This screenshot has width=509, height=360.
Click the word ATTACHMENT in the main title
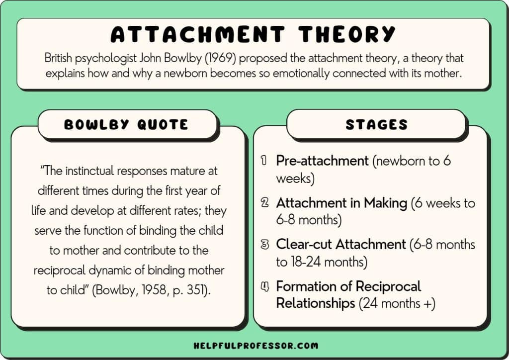[x=198, y=34]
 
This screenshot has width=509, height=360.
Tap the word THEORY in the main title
[x=346, y=34]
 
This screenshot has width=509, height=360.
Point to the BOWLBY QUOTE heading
[x=126, y=125]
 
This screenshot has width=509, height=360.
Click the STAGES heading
[x=377, y=125]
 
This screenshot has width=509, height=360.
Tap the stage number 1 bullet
[x=264, y=161]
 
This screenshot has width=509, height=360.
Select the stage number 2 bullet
[x=264, y=202]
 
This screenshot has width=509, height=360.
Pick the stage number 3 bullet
[x=265, y=244]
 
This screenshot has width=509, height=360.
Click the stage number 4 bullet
[x=265, y=286]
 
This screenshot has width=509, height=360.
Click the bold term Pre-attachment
[x=322, y=161]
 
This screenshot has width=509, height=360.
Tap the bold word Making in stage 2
[x=385, y=203]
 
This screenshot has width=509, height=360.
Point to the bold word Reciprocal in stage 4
[x=388, y=287]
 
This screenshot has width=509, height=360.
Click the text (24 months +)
[x=397, y=304]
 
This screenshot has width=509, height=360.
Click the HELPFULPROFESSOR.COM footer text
[x=256, y=346]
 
